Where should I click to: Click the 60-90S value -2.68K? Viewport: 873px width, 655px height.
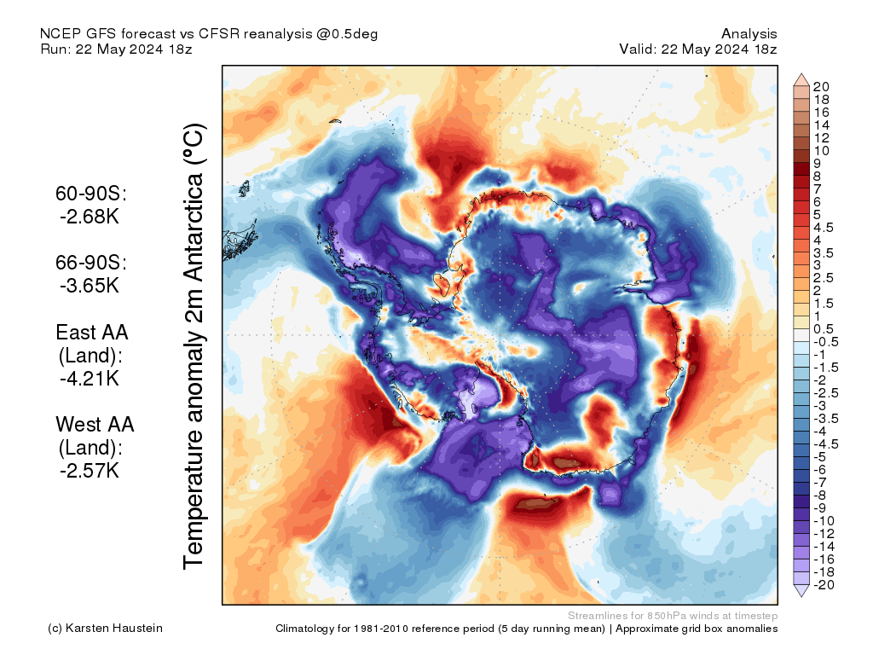click(90, 217)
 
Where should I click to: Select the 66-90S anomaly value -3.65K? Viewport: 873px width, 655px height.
click(90, 286)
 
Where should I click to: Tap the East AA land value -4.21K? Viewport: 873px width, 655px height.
click(90, 378)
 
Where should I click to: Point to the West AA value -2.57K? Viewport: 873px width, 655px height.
click(90, 470)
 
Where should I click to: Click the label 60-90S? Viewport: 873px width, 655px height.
click(91, 194)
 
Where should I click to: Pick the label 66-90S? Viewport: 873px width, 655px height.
click(91, 263)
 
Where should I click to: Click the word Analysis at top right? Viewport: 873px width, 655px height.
click(749, 34)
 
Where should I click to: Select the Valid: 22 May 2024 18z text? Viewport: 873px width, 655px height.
click(698, 49)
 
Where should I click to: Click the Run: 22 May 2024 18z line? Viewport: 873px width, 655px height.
click(116, 49)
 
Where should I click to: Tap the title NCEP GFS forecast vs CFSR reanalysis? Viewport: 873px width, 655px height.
click(209, 34)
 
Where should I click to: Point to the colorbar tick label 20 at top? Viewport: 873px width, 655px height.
click(821, 87)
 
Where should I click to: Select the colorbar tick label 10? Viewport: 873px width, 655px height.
click(821, 151)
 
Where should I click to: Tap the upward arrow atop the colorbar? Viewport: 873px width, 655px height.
click(801, 80)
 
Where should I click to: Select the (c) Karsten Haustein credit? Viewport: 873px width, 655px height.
click(105, 629)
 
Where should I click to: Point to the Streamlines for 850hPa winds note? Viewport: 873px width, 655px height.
click(672, 615)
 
